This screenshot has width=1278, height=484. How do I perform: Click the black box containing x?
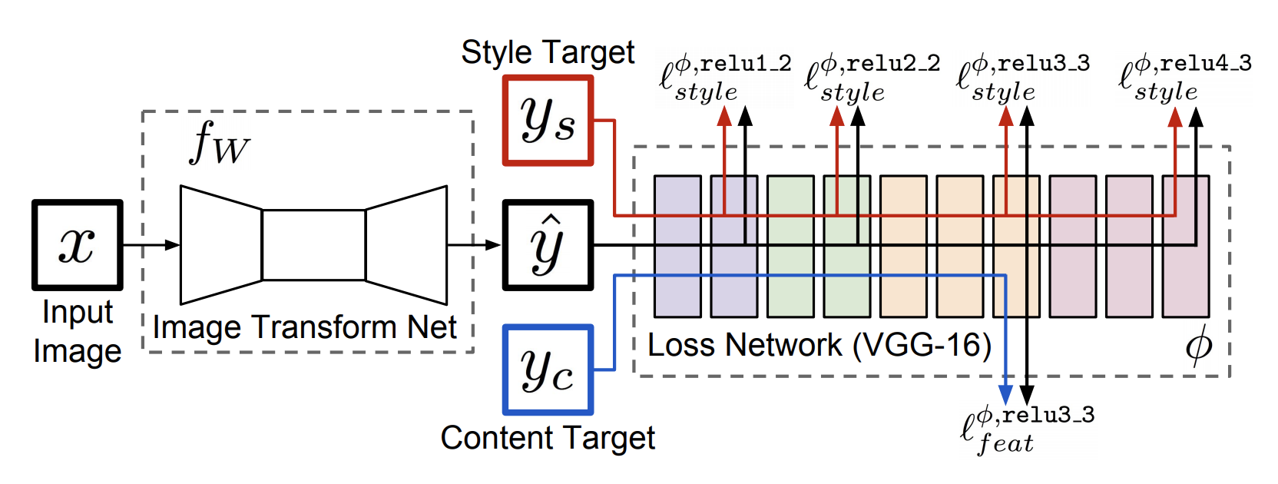(77, 245)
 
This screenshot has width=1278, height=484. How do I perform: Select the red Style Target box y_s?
(548, 121)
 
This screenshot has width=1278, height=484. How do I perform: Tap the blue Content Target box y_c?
(548, 370)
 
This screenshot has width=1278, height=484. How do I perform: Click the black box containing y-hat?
(548, 245)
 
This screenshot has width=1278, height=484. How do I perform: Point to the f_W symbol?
(219, 144)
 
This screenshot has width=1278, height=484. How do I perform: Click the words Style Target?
(548, 53)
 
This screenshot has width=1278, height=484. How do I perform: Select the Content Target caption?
(548, 438)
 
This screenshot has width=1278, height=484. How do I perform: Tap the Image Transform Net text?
(304, 327)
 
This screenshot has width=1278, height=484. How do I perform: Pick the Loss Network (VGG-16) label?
(819, 345)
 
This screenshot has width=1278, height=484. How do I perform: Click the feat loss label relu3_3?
(1027, 430)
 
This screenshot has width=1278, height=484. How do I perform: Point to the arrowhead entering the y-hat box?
(494, 245)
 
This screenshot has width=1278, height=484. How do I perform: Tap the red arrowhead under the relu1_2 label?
(724, 117)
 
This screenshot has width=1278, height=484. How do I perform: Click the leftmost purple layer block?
(677, 246)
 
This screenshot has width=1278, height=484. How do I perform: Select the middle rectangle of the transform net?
(313, 245)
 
